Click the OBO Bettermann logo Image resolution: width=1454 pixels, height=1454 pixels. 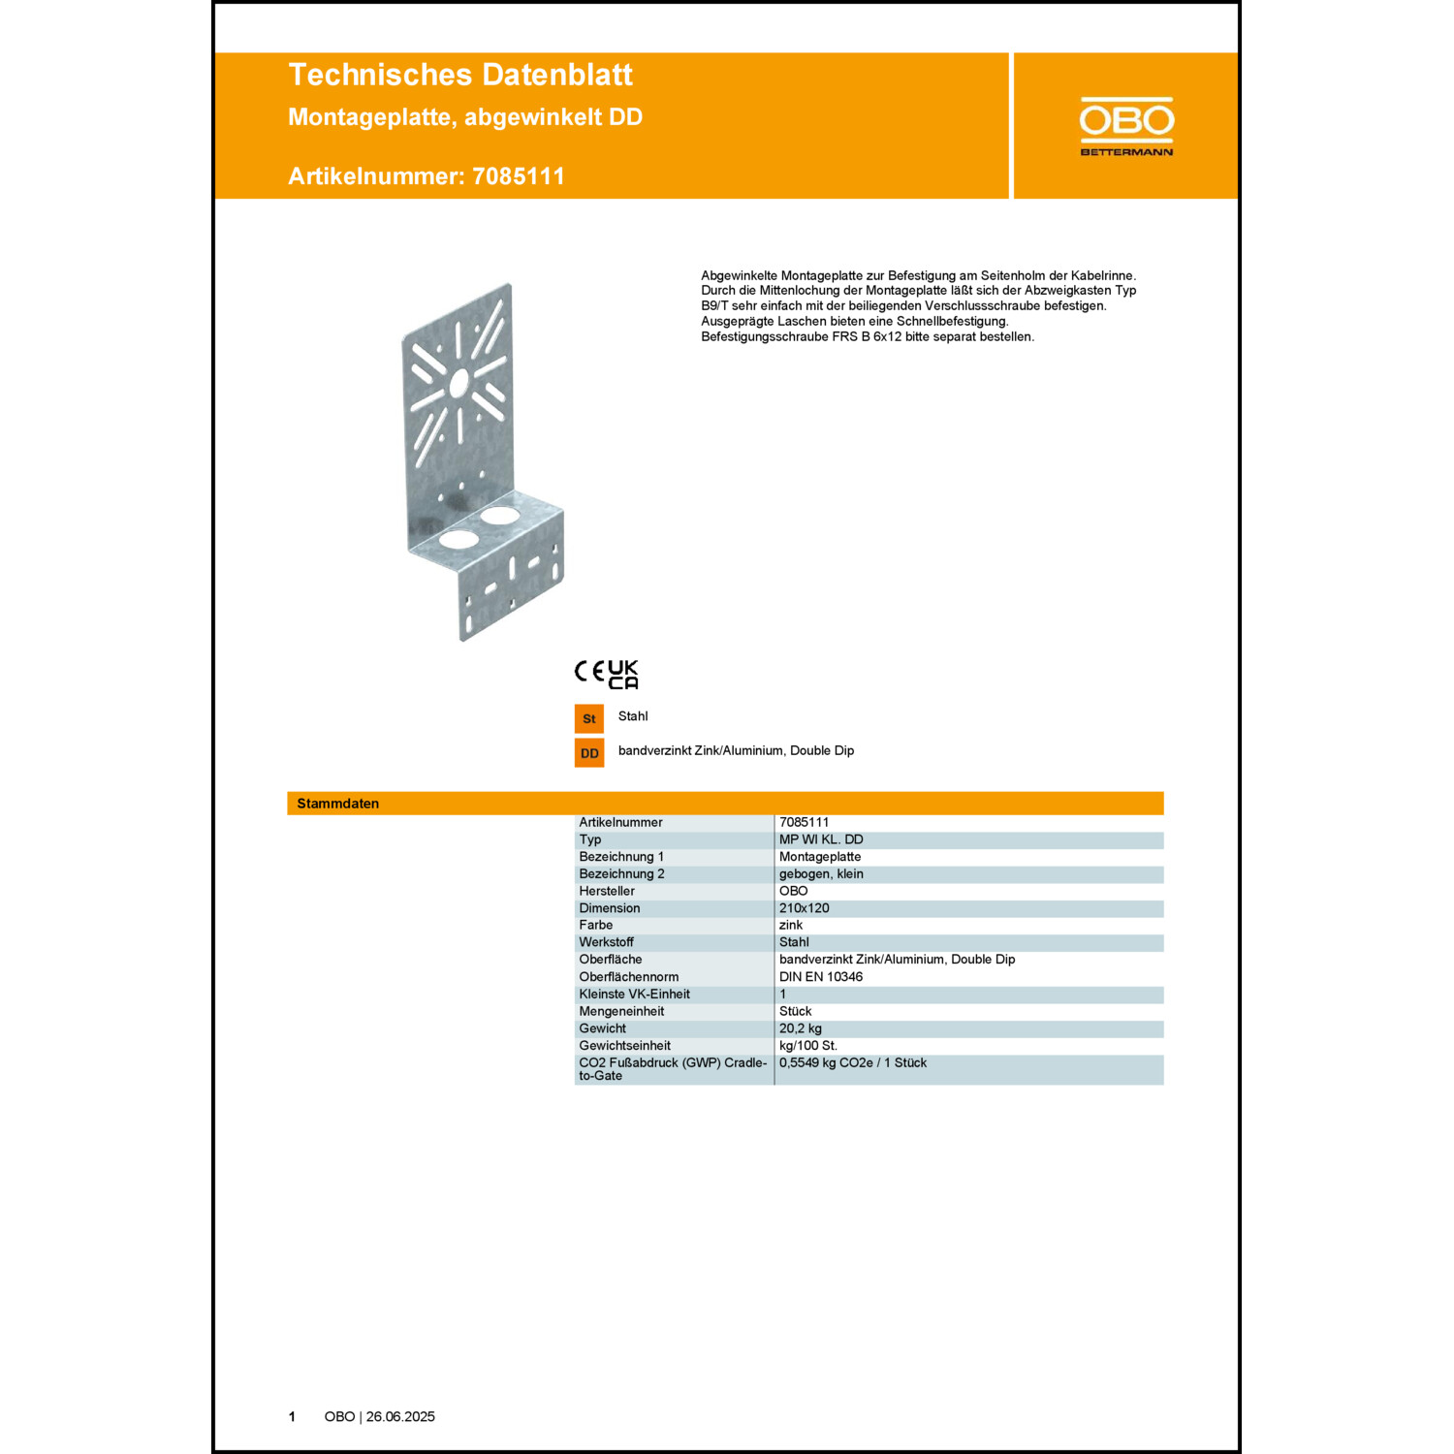(1126, 126)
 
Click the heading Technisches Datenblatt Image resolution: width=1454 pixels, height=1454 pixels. (460, 75)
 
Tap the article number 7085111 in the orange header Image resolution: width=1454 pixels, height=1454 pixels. (519, 176)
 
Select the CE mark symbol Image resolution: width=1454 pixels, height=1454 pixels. (589, 671)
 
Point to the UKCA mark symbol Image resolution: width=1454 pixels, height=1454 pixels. (623, 675)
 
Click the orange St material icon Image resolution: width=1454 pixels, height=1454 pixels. (589, 718)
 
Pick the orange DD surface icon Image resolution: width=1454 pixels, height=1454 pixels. (589, 753)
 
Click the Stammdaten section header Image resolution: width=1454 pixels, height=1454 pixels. (338, 804)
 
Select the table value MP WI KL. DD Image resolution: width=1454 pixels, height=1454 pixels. (821, 839)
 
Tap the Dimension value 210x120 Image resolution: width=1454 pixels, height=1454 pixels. (805, 908)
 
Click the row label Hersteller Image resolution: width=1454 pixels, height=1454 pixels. (607, 891)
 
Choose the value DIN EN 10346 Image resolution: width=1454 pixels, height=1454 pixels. (821, 977)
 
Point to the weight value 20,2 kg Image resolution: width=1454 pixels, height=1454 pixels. (801, 1028)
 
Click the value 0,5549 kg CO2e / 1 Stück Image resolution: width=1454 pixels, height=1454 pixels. (853, 1063)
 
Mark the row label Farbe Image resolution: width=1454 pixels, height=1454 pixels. (596, 925)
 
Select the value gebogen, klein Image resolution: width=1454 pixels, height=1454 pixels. (821, 874)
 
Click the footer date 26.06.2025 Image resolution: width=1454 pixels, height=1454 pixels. (400, 1417)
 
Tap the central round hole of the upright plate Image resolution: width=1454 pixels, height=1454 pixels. (458, 383)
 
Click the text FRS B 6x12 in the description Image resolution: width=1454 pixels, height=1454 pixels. (866, 337)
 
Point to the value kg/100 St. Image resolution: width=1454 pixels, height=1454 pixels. (808, 1046)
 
